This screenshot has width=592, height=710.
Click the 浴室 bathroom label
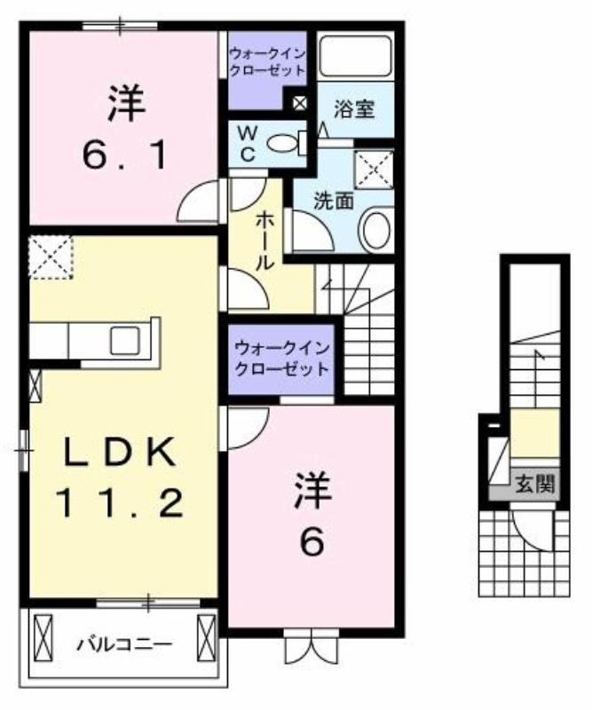pos(354,109)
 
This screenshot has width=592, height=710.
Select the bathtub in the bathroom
pos(355,55)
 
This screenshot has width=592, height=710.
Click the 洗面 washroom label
pos(334,201)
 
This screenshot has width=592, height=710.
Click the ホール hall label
pos(264,241)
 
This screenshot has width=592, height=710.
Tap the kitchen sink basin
pos(125,340)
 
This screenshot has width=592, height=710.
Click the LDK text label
pos(120,452)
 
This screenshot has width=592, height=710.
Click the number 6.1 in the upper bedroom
pos(124,154)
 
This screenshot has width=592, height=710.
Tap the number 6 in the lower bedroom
pos(312,541)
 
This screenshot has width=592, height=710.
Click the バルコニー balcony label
pos(123,644)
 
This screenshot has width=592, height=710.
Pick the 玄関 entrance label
pos(535,485)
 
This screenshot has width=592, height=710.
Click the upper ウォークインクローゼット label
pos(267,62)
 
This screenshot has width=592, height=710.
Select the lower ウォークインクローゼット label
pos(281,359)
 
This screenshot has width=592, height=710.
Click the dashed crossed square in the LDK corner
pos(51,257)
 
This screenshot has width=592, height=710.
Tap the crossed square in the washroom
pos(375,169)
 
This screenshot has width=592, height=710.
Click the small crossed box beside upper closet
pos(300,103)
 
